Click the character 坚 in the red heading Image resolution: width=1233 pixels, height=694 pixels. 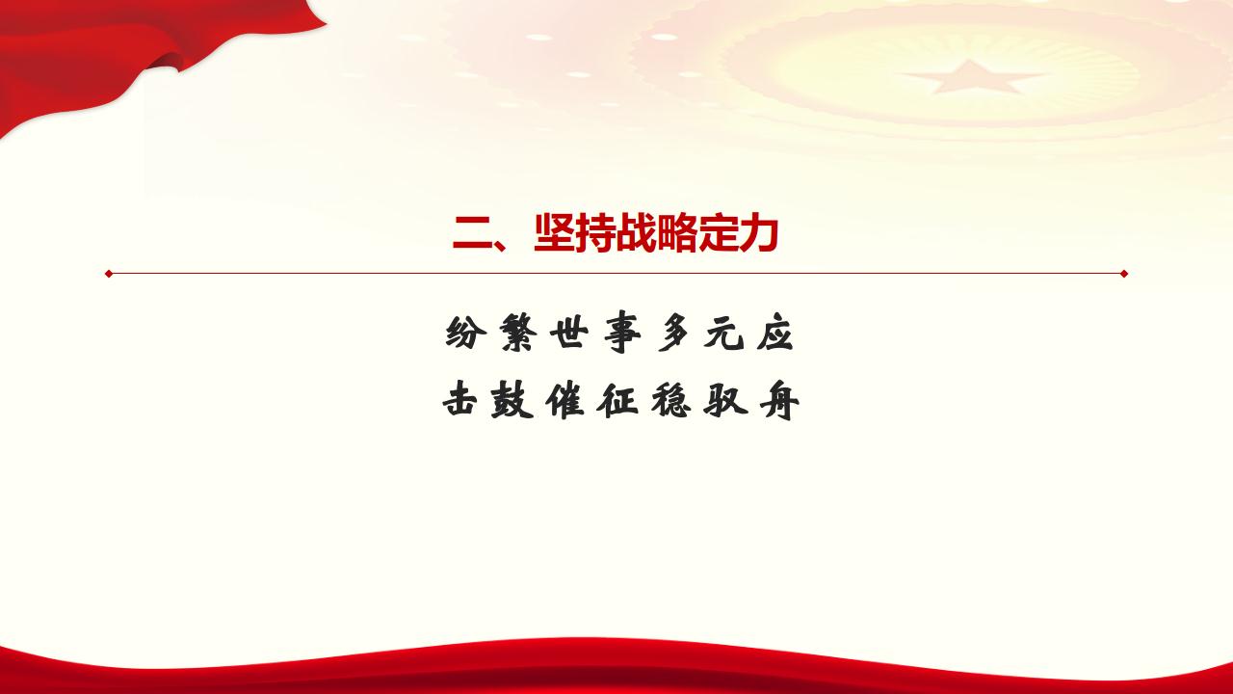[x=554, y=233]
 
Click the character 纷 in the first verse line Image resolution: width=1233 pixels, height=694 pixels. [x=465, y=333]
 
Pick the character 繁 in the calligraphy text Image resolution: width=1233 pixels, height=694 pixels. [x=517, y=333]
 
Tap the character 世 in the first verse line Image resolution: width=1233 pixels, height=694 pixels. [x=569, y=333]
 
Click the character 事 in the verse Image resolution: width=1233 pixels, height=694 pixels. [x=622, y=334]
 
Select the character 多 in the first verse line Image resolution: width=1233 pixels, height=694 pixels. [x=673, y=333]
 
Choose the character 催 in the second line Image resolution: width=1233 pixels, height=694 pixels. [x=564, y=400]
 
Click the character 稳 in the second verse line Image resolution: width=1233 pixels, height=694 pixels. [x=671, y=400]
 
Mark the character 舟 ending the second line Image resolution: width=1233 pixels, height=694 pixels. [x=779, y=401]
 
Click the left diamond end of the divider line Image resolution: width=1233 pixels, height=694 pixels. [x=109, y=274]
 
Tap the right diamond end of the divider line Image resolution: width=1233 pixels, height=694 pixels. [x=1124, y=274]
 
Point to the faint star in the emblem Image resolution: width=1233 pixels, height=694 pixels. [x=972, y=77]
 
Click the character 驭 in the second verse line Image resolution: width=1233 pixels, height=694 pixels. [x=724, y=400]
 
